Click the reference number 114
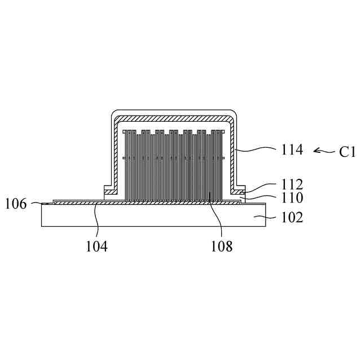click(292, 150)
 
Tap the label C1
click(347, 152)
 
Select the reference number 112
click(292, 184)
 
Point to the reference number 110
click(292, 197)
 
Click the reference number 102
click(292, 217)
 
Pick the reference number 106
click(16, 204)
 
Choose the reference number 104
click(96, 246)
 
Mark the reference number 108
click(222, 246)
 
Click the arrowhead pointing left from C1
click(316, 151)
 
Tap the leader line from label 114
click(255, 150)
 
